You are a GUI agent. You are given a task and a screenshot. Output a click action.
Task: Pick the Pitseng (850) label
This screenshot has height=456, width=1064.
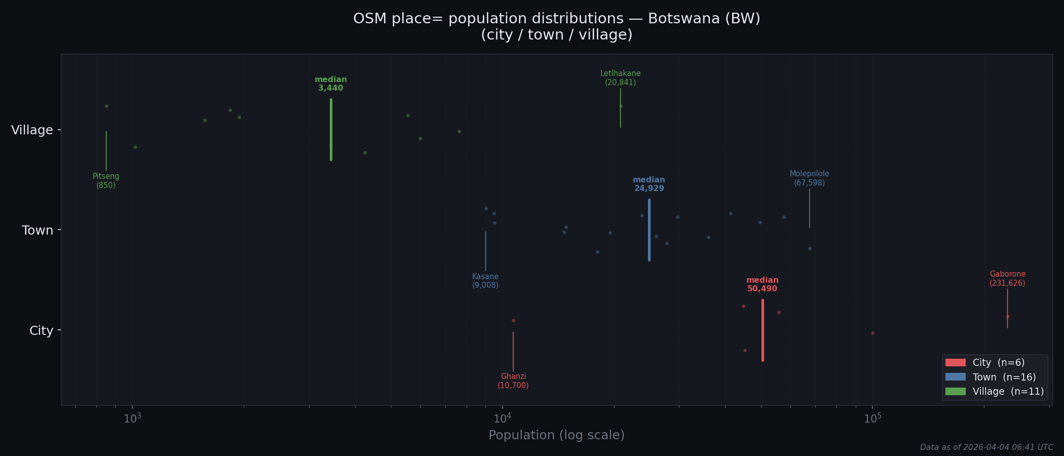point(106,181)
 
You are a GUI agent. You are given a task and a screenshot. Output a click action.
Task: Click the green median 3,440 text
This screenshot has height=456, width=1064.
point(330,84)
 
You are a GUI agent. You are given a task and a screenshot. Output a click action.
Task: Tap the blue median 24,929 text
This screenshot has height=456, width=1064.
point(649,184)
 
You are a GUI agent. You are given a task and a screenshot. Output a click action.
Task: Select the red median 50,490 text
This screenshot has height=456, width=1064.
point(762,285)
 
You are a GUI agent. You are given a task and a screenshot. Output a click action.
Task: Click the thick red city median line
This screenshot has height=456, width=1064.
point(763,330)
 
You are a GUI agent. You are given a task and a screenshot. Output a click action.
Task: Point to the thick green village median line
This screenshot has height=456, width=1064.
point(331,130)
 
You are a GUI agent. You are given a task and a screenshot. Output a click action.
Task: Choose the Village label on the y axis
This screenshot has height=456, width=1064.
point(32,130)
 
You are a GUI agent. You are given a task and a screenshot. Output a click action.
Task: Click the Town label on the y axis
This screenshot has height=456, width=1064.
point(37,231)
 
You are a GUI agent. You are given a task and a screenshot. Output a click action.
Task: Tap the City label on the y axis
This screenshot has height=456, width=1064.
point(41,331)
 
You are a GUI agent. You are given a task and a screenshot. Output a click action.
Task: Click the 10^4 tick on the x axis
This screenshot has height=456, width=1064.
point(503,418)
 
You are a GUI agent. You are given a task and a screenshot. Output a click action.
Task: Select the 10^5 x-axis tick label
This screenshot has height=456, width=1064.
point(872,418)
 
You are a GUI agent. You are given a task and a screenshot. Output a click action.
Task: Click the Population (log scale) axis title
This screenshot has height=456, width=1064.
point(556,435)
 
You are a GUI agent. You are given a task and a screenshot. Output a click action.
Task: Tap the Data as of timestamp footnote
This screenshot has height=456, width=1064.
point(986,447)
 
